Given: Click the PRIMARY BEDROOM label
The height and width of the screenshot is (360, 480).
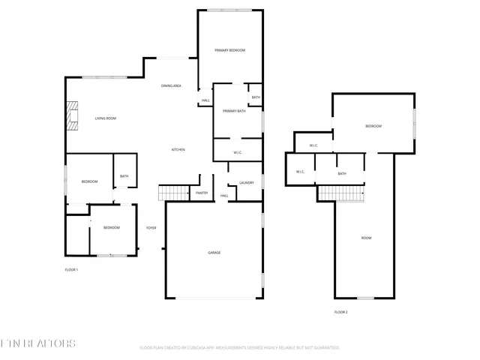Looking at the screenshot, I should [229, 50].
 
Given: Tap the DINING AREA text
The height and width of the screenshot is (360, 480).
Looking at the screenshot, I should [171, 86].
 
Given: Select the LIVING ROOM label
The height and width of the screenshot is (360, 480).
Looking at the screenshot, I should [105, 118].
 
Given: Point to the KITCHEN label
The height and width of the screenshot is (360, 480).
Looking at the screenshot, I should [178, 150].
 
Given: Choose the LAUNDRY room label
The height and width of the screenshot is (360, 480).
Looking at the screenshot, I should [246, 183].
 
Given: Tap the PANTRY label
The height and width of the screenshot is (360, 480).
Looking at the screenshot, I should [202, 193].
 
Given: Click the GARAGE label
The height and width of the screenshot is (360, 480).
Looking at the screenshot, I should [214, 253].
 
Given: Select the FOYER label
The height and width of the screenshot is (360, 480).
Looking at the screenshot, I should [151, 227].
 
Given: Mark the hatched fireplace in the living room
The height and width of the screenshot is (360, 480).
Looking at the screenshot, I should [72, 116].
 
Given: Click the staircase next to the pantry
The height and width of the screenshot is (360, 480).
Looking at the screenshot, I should [172, 193].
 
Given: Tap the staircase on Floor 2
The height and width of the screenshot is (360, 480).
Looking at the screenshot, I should [341, 193].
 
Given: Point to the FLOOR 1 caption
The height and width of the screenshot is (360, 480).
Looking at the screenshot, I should [71, 269].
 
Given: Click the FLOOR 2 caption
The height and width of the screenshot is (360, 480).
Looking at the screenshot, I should [340, 311].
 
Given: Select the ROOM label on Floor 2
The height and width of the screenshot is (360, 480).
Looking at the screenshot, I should [366, 238].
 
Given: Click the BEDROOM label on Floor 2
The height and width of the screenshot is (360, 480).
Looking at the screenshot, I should [373, 126].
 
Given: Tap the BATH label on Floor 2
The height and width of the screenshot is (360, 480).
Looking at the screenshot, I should [342, 174].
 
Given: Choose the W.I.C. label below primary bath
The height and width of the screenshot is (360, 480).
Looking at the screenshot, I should [237, 153].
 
